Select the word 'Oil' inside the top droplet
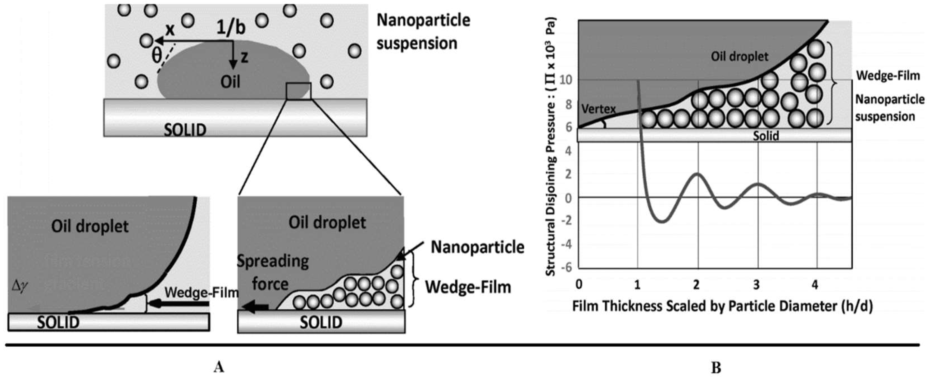(x=230, y=82)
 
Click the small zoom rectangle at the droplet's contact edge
(x=298, y=91)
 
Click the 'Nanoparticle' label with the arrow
(x=477, y=247)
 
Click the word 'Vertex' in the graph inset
(x=598, y=109)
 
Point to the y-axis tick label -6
(x=568, y=268)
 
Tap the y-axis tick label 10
(x=566, y=80)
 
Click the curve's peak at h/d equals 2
(x=698, y=174)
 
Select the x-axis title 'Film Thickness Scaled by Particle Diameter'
(x=722, y=306)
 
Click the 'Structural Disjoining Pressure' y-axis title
(x=551, y=147)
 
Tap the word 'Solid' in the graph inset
(x=766, y=136)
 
